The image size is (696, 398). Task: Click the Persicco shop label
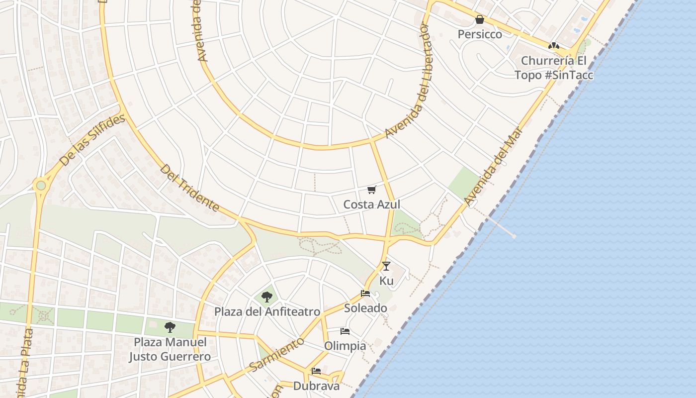(x=480, y=34)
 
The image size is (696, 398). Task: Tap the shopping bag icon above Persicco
(x=480, y=20)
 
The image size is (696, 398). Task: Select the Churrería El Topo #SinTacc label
(x=553, y=68)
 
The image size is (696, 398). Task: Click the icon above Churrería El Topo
(x=553, y=46)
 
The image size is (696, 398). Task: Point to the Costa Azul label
(x=371, y=204)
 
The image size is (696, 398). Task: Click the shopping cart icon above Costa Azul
(x=371, y=190)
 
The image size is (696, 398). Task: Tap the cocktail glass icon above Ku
(x=386, y=266)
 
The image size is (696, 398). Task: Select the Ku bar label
(x=386, y=281)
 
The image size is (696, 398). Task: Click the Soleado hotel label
(x=365, y=308)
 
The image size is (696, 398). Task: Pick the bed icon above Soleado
(x=365, y=294)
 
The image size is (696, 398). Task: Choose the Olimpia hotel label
(x=345, y=346)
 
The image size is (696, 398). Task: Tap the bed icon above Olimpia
(x=345, y=331)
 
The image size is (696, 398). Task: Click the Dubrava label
(x=316, y=386)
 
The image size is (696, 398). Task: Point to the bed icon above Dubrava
(x=316, y=371)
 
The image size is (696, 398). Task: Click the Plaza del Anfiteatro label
(x=267, y=312)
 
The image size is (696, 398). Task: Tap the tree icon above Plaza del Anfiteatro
(x=267, y=297)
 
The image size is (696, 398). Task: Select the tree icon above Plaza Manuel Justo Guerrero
(x=170, y=327)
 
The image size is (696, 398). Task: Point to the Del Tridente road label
(x=189, y=188)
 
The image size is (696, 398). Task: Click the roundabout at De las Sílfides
(x=41, y=186)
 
